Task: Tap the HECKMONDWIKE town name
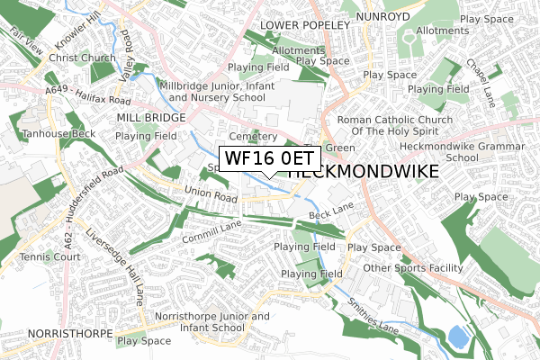click(x=364, y=171)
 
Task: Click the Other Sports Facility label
click(x=413, y=268)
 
